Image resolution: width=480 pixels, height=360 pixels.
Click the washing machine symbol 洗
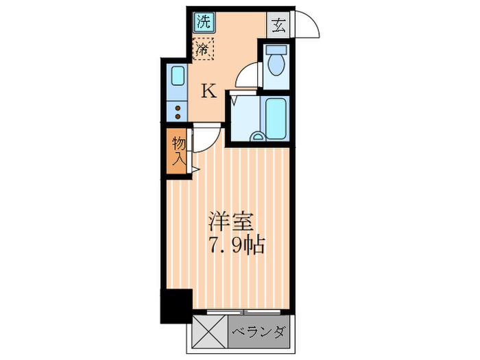tap(202, 21)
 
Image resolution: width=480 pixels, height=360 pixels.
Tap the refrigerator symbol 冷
tap(203, 49)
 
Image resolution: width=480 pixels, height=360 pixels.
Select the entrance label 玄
tap(278, 26)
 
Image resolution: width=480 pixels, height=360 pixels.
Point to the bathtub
tap(276, 118)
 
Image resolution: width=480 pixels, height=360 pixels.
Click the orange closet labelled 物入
tap(178, 152)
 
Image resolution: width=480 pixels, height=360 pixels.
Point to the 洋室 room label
tap(231, 223)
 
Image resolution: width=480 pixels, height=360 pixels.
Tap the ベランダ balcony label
tap(259, 333)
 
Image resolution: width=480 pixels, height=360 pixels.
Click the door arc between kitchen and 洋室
tap(207, 139)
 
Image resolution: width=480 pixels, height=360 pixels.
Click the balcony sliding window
tap(243, 311)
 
